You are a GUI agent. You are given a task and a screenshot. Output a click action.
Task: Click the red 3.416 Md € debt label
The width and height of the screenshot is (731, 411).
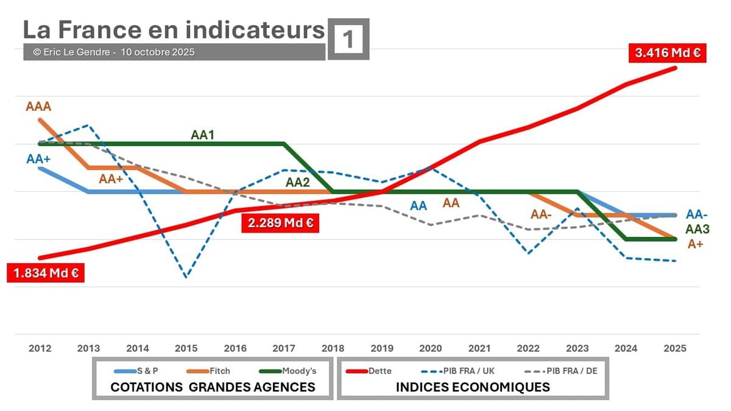point(666,53)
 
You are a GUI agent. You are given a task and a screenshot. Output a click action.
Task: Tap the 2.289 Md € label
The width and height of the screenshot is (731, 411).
point(280,223)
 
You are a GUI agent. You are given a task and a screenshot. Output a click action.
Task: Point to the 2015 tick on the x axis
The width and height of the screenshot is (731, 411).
point(186,348)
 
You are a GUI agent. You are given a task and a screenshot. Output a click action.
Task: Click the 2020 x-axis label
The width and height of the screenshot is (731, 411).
point(431,348)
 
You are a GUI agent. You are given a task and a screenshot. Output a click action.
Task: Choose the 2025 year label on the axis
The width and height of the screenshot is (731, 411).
point(675,348)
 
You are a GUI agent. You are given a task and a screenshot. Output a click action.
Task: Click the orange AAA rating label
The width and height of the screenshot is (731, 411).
point(38,107)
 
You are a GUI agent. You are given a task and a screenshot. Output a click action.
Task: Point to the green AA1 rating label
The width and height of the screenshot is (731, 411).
point(203,135)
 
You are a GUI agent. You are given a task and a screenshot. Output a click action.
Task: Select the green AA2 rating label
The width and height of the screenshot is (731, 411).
point(298,183)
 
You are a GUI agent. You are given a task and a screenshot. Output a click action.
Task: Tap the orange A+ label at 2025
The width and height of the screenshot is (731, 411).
point(695,244)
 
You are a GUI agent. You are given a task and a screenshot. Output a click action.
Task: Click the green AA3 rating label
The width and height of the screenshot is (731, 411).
point(697,230)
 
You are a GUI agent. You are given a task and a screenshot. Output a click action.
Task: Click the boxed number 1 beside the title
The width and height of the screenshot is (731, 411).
point(348,40)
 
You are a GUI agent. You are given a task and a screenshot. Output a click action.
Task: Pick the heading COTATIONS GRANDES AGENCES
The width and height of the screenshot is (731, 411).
point(213,387)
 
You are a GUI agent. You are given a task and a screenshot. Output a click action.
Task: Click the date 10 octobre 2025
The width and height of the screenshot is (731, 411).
point(158,52)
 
